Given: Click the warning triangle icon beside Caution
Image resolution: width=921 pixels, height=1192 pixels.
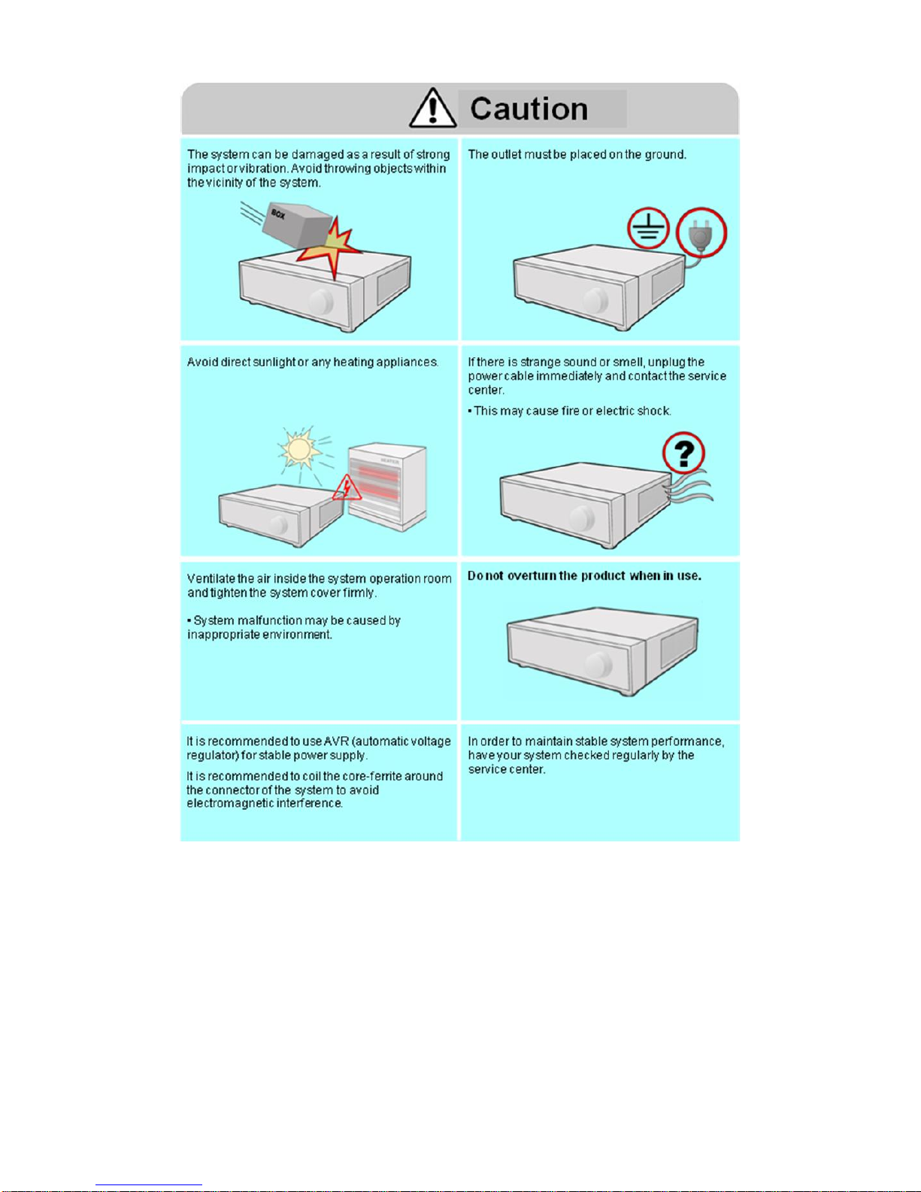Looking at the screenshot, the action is (432, 108).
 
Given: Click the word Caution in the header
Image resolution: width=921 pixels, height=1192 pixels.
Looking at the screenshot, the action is (529, 108).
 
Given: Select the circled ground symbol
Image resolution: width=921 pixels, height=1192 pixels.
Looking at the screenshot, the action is (649, 228).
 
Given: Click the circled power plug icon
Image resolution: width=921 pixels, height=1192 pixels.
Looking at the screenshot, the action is (701, 232).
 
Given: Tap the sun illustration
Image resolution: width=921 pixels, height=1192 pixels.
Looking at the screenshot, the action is (300, 448).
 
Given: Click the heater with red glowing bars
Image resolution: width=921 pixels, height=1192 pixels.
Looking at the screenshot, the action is (387, 487).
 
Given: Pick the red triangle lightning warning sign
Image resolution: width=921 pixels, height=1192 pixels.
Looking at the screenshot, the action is (347, 487).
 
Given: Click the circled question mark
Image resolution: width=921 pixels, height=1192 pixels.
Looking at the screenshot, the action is (683, 453).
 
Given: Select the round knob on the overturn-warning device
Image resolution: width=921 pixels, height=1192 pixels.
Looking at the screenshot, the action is (598, 665).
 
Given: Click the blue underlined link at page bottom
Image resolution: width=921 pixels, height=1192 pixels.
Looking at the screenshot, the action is (149, 1186).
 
